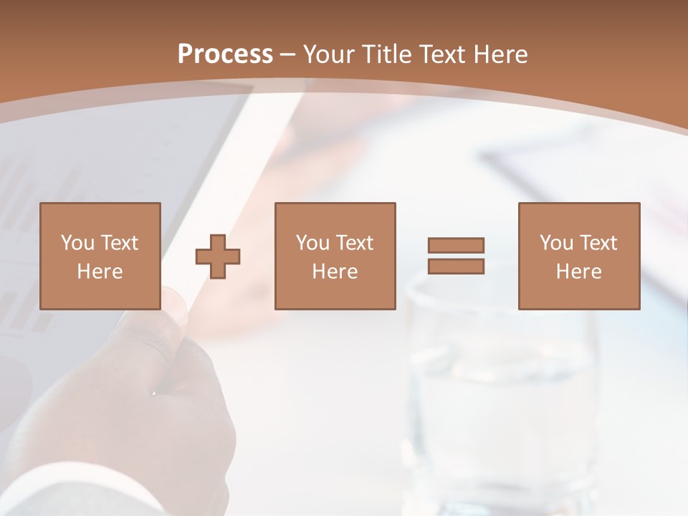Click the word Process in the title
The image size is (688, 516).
coord(225,54)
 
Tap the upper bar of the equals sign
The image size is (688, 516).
coord(456,246)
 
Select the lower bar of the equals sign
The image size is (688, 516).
coord(456,267)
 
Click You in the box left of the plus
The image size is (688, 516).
coord(77,243)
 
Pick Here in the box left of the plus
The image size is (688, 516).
coord(100,272)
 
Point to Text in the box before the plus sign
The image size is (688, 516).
coord(120,243)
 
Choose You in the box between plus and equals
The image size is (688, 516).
coord(312,243)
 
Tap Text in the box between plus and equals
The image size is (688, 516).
coord(355,243)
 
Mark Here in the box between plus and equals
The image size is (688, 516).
coord(335,272)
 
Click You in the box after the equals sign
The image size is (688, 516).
coord(557,243)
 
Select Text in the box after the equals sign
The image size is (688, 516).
coord(599,243)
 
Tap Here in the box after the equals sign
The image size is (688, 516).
coord(578,272)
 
